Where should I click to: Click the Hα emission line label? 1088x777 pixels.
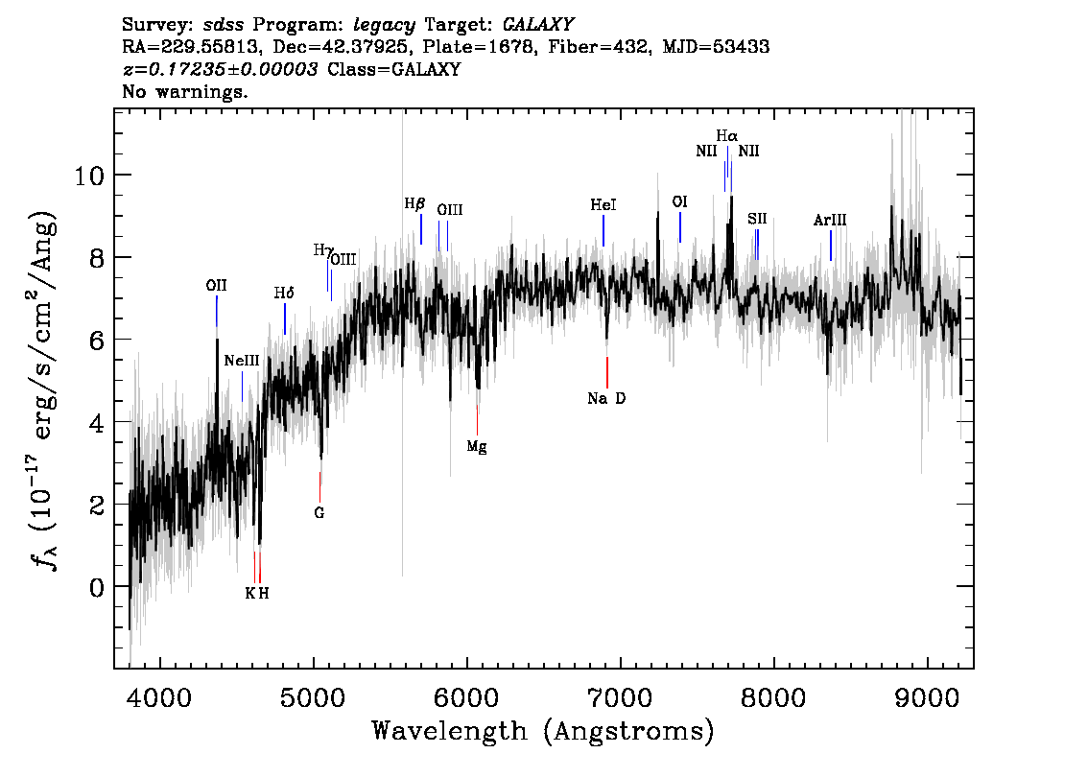[726, 136]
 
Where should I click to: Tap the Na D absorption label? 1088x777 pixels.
[606, 399]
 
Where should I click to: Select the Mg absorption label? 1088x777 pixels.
[477, 446]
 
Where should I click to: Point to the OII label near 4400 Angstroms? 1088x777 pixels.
[217, 285]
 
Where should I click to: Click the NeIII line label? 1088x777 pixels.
[242, 361]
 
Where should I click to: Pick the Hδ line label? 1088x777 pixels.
[284, 294]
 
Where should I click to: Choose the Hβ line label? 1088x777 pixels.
[414, 203]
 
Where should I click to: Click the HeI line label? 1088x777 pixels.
[603, 205]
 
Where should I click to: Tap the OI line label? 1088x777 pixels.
[679, 202]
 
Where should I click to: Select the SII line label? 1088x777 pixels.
[757, 219]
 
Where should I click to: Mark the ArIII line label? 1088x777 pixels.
[830, 221]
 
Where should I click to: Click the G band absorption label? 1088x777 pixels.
[319, 513]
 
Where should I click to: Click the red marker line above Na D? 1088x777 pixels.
[607, 371]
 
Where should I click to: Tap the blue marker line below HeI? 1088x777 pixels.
[603, 230]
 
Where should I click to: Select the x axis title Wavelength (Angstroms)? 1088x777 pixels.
[543, 731]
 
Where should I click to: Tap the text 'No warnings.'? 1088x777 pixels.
[185, 92]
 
